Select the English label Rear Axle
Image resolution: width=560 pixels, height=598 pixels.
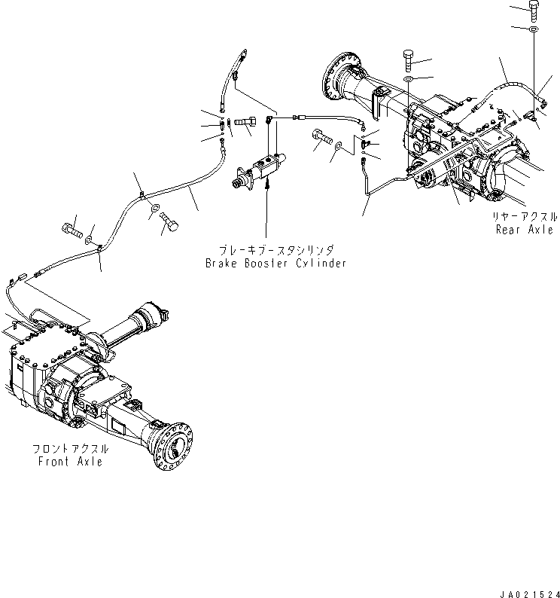pyautogui.click(x=524, y=230)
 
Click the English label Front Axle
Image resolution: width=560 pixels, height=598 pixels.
pyautogui.click(x=70, y=461)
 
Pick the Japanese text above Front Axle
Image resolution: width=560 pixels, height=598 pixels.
pyautogui.click(x=70, y=448)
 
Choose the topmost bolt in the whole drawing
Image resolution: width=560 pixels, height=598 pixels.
pyautogui.click(x=534, y=10)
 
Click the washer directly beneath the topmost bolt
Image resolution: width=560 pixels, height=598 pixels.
pyautogui.click(x=534, y=29)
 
